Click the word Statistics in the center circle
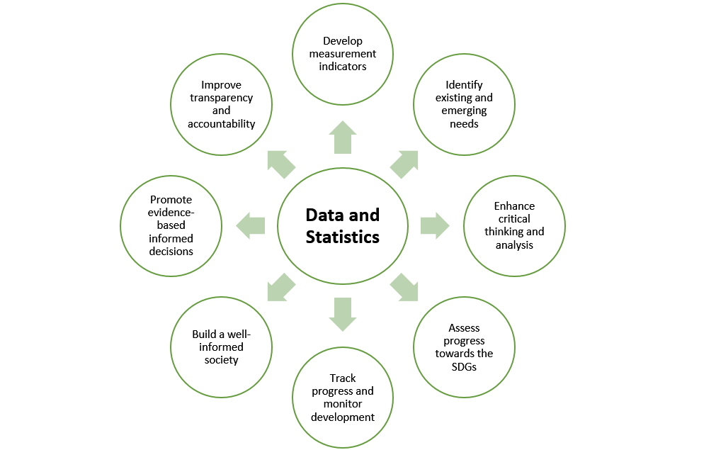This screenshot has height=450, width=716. point(342,237)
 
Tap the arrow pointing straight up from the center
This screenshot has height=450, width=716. point(343,137)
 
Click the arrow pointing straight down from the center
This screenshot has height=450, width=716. point(343,314)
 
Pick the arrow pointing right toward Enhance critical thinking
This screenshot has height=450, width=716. point(434,225)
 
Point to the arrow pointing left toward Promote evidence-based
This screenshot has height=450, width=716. point(251,225)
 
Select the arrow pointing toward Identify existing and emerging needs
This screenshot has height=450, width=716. point(404,164)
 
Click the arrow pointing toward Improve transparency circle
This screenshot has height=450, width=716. point(281,164)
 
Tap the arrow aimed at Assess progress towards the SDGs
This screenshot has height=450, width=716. point(404,287)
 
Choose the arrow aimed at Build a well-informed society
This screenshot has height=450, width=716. point(281,287)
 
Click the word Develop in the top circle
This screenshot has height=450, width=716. point(343,41)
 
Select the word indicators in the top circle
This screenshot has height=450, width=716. point(343,66)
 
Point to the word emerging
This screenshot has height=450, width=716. point(464,111)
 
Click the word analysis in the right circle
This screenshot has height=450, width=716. point(514,244)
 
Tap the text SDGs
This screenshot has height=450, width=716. point(464,366)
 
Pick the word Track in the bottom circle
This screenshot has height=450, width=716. point(343,378)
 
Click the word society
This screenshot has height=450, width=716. point(221,360)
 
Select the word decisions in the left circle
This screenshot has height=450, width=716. point(171,251)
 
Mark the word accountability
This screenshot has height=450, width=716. point(222,123)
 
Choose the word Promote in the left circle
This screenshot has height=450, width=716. point(171,200)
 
